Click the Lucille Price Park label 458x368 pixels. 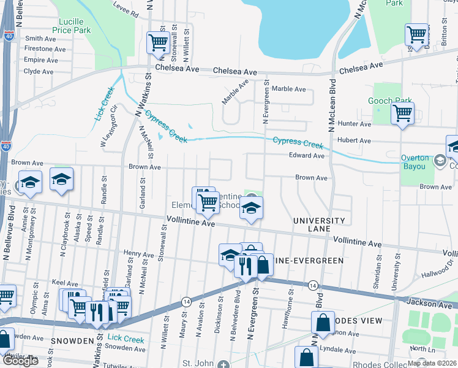tap(70, 26)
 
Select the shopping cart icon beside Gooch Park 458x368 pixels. tap(402, 113)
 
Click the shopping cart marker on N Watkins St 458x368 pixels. tap(158, 43)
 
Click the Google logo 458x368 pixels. tap(21, 361)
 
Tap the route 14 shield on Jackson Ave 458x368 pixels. tap(312, 285)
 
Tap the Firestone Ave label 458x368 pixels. tap(40, 48)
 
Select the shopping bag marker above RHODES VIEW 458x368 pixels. tap(323, 322)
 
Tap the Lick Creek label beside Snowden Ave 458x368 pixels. tap(126, 339)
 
